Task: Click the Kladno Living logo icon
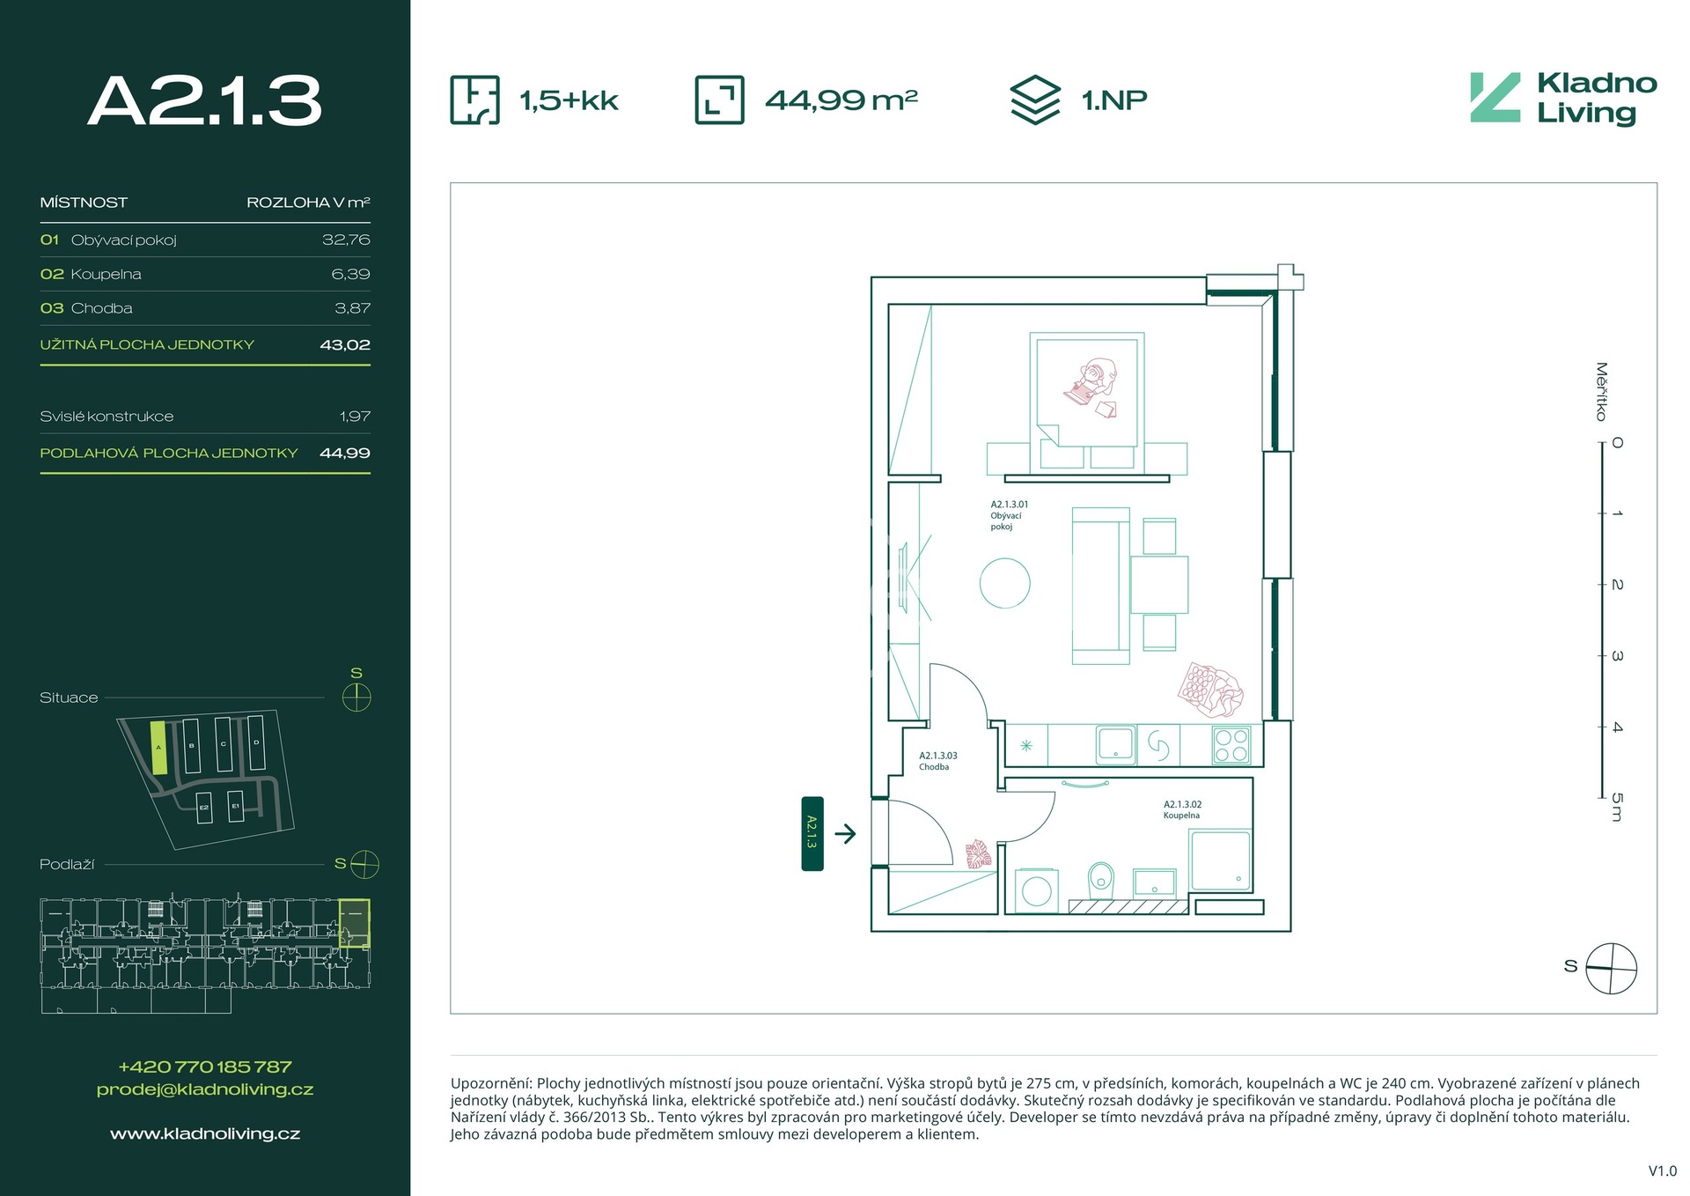tap(1495, 98)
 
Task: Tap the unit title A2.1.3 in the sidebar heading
tap(205, 100)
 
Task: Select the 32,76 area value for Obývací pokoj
tap(346, 240)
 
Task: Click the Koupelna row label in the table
tap(106, 274)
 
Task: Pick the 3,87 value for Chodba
tap(352, 308)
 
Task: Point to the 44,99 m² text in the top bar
tap(841, 100)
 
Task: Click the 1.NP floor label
tap(1114, 100)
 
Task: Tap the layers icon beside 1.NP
tap(1035, 100)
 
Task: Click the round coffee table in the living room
tap(1005, 583)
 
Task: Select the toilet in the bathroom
tap(1100, 877)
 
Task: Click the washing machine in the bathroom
tap(1037, 890)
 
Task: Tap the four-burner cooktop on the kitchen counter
tap(1231, 745)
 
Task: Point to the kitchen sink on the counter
tap(1115, 744)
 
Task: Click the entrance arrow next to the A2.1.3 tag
tap(845, 833)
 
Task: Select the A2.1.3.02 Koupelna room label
tap(1182, 809)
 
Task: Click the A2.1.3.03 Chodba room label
tap(938, 761)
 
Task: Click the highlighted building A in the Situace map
tap(158, 748)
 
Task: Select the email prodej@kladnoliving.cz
tap(205, 1089)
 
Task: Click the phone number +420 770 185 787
tap(205, 1067)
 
